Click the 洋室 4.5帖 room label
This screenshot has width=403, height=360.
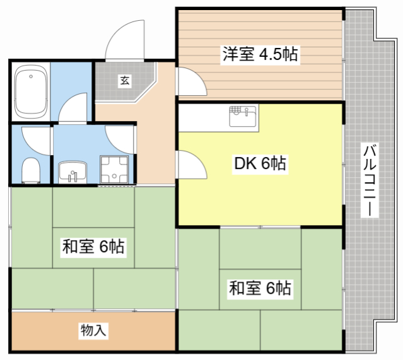[x=260, y=54]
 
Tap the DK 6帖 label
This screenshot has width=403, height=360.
[x=260, y=163]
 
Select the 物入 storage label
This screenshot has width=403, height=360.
[x=93, y=330]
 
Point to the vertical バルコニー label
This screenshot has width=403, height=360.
[x=370, y=180]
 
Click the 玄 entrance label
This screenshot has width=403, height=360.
[x=125, y=81]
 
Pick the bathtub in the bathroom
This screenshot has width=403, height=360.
[x=31, y=92]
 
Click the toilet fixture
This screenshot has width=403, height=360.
[x=31, y=170]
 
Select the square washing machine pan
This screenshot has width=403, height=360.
[x=114, y=170]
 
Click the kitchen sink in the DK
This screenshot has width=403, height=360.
[x=243, y=117]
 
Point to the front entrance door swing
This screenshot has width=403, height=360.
[x=125, y=40]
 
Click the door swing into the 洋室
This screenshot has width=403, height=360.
[x=192, y=82]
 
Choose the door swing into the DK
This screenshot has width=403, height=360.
[x=192, y=165]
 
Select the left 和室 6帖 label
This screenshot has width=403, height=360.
[x=93, y=247]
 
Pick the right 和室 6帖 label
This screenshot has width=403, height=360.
[x=260, y=287]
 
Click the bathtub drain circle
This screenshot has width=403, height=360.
[x=31, y=76]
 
